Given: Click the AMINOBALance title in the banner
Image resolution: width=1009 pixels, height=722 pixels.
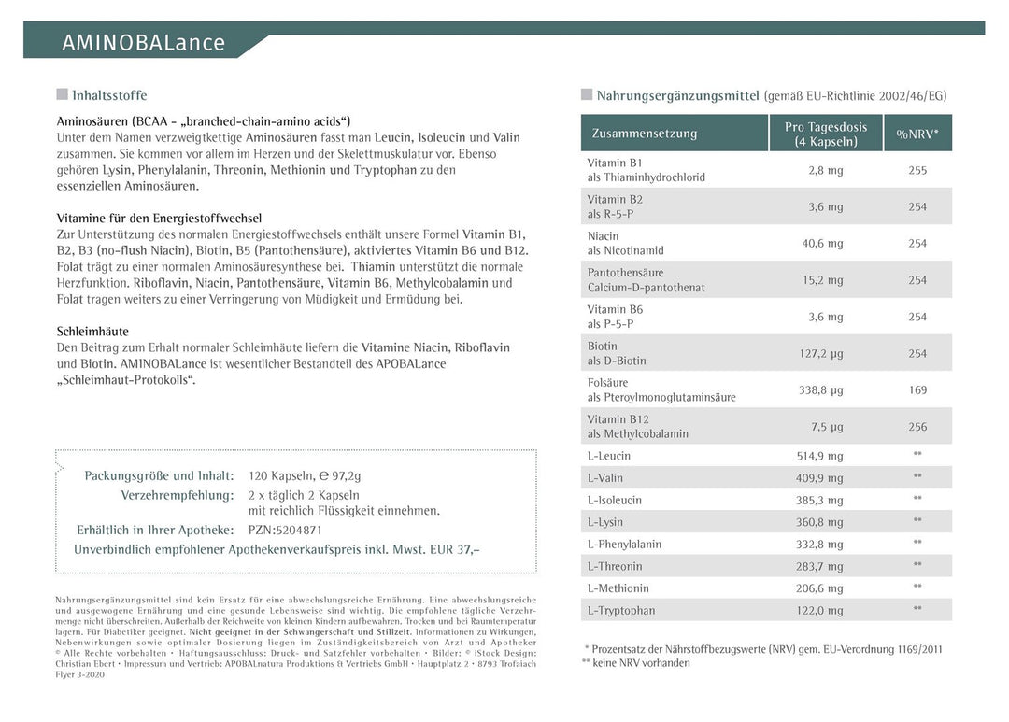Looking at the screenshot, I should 143,43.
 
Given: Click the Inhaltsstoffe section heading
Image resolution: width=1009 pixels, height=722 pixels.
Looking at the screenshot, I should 109,95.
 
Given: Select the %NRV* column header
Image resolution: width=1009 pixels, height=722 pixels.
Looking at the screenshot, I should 917,134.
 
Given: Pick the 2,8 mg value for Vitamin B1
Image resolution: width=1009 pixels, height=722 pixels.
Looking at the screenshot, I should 825,170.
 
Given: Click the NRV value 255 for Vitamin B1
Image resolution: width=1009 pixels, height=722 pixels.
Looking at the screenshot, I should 917,170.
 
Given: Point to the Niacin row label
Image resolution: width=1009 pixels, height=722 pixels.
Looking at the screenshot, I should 604,236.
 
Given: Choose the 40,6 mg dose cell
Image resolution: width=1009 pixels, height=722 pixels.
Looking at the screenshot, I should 822,244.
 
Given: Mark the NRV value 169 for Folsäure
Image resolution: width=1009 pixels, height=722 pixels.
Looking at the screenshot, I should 917,390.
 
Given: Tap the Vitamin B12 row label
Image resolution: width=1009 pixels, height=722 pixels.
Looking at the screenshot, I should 619,419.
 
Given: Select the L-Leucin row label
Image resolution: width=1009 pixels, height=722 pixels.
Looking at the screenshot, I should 609,456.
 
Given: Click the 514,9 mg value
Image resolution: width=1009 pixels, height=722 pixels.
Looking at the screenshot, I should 819,456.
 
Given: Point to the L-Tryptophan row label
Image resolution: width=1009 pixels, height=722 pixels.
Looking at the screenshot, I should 621,611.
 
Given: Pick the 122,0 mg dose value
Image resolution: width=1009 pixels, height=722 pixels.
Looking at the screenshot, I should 819,611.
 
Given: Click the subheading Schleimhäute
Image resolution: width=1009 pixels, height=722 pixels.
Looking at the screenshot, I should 92,332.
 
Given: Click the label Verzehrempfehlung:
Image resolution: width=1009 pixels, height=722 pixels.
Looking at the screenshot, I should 177,495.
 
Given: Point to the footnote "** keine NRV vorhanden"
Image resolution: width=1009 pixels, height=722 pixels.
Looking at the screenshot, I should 635,663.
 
